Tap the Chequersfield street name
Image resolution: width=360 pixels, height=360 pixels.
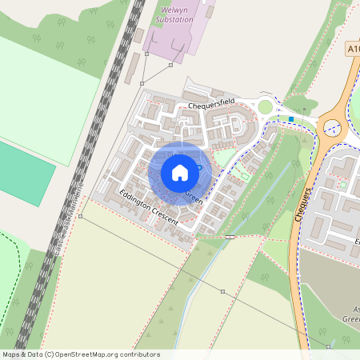[x=211, y=104]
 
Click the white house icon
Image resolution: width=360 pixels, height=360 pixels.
[x=180, y=172]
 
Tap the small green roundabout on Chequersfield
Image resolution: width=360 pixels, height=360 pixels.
[x=265, y=107]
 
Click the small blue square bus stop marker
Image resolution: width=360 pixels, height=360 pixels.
[x=291, y=119]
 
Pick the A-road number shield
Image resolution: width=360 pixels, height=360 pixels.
[x=354, y=50]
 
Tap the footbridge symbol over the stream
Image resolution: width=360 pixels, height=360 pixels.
[x=230, y=237]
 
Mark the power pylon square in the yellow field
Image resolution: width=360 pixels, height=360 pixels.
[x=222, y=291]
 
